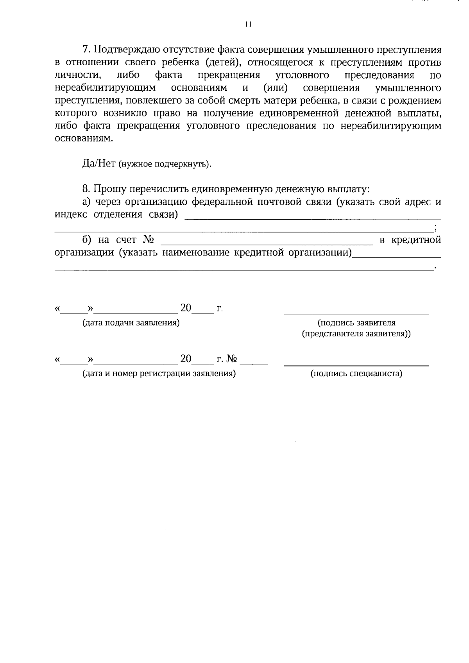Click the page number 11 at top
pyautogui.click(x=247, y=25)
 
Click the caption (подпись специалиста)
pyautogui.click(x=356, y=373)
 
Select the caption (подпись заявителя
pyautogui.click(x=356, y=323)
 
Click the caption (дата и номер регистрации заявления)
pyautogui.click(x=159, y=373)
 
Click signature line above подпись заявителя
pyautogui.click(x=356, y=314)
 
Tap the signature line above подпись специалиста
pyautogui.click(x=356, y=365)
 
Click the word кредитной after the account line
pyautogui.click(x=416, y=240)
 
